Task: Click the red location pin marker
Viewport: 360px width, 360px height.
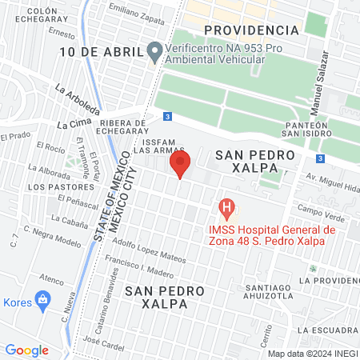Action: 181,165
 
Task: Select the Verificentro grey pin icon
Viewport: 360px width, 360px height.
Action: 154,52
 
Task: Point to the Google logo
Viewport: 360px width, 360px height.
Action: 26,350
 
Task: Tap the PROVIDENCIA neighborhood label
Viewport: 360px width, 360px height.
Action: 251,30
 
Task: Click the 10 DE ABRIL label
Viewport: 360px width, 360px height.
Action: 98,52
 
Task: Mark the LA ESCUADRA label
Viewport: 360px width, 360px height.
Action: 326,329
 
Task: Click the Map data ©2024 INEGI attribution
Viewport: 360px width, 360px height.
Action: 311,353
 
